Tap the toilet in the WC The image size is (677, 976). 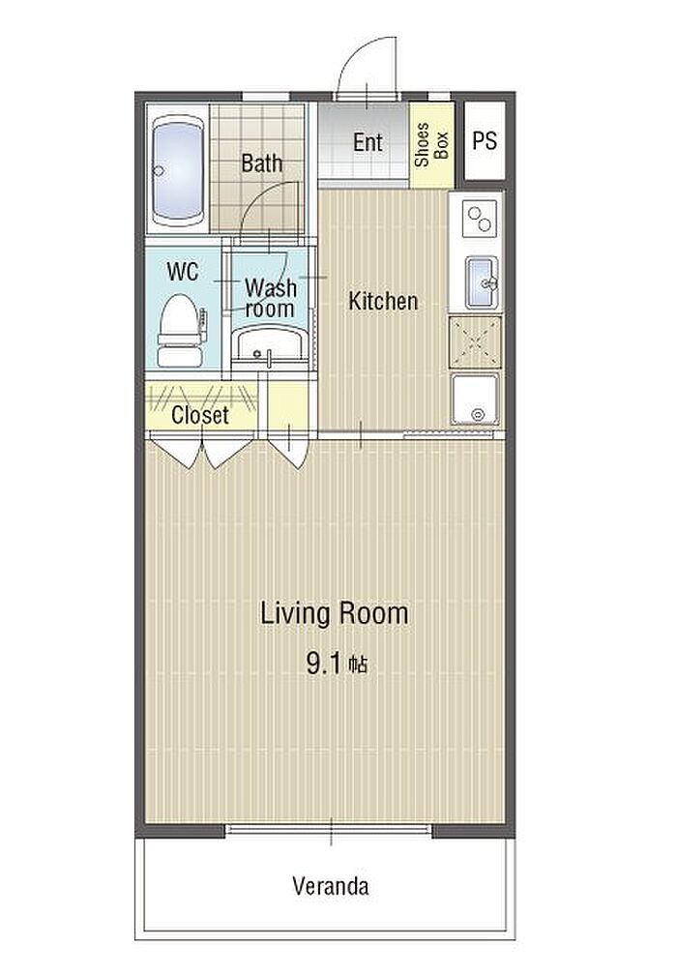coord(181,331)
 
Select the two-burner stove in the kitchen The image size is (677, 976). coord(479,219)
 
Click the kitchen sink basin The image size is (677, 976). coord(483,283)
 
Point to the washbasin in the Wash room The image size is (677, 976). coord(270,344)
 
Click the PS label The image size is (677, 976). coord(485,140)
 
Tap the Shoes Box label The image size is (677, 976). coord(431,144)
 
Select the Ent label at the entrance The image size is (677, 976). coord(368,142)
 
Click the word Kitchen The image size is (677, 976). coord(383,301)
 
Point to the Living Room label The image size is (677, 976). coord(334,613)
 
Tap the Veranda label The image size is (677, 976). coord(331,886)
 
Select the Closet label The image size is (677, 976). coord(200,415)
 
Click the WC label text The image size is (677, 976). coord(183,272)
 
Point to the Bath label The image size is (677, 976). coord(262,163)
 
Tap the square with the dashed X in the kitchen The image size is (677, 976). coord(475,341)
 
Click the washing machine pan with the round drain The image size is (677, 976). coord(476,399)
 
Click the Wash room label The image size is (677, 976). coord(270,298)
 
